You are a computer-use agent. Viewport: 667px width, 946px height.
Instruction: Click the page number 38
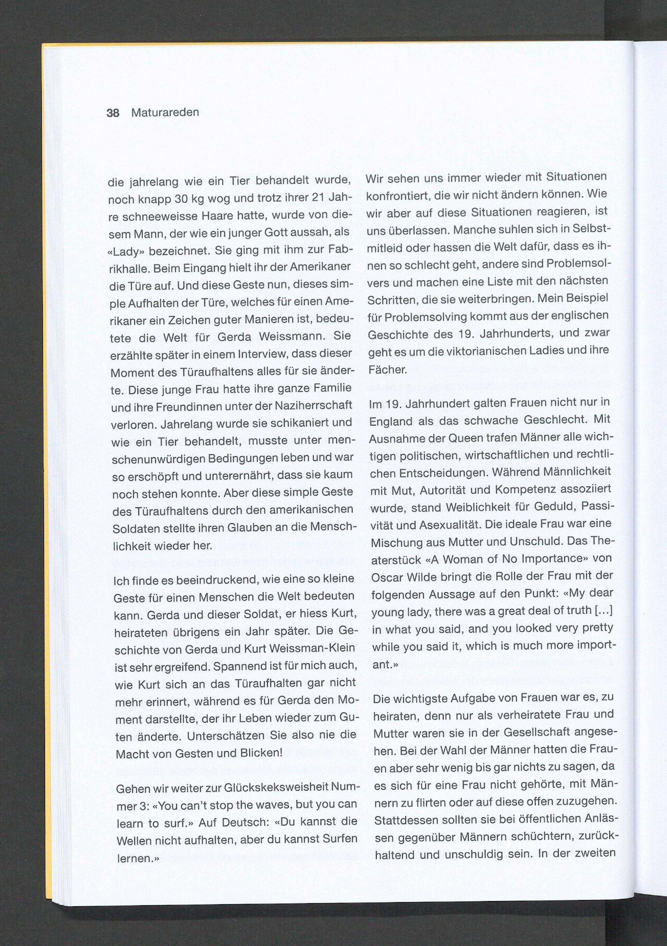coord(112,113)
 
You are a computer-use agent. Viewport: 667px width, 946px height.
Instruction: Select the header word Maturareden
coord(165,112)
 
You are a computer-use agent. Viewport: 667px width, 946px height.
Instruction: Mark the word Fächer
coord(382,370)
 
